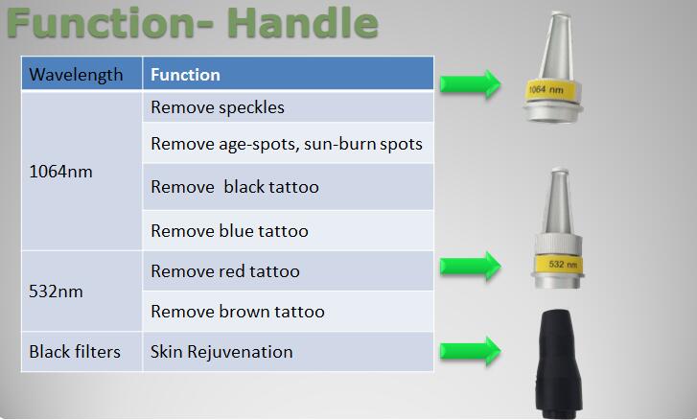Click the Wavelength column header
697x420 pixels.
pyautogui.click(x=81, y=74)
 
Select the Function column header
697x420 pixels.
pyautogui.click(x=288, y=74)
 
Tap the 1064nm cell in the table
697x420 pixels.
pyautogui.click(x=81, y=171)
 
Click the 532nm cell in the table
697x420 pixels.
pyautogui.click(x=81, y=292)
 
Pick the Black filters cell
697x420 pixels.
pyautogui.click(x=81, y=352)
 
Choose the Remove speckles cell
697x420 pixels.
pyautogui.click(x=288, y=106)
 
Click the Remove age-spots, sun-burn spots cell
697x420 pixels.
pyautogui.click(x=288, y=143)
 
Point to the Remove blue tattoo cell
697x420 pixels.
pyautogui.click(x=288, y=231)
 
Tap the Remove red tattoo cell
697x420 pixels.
pyautogui.click(x=288, y=271)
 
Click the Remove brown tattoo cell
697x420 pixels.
pyautogui.click(x=288, y=311)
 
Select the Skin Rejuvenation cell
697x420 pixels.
pyautogui.click(x=288, y=352)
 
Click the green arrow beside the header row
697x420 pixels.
pyautogui.click(x=471, y=83)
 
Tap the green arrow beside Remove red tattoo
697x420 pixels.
pyautogui.click(x=471, y=266)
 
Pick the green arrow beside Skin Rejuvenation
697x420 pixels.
pyautogui.click(x=471, y=351)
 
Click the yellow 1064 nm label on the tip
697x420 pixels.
pyautogui.click(x=550, y=91)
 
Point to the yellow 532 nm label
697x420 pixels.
pyautogui.click(x=558, y=263)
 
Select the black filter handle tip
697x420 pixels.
pyautogui.click(x=559, y=363)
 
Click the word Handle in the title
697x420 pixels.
pyautogui.click(x=305, y=23)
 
